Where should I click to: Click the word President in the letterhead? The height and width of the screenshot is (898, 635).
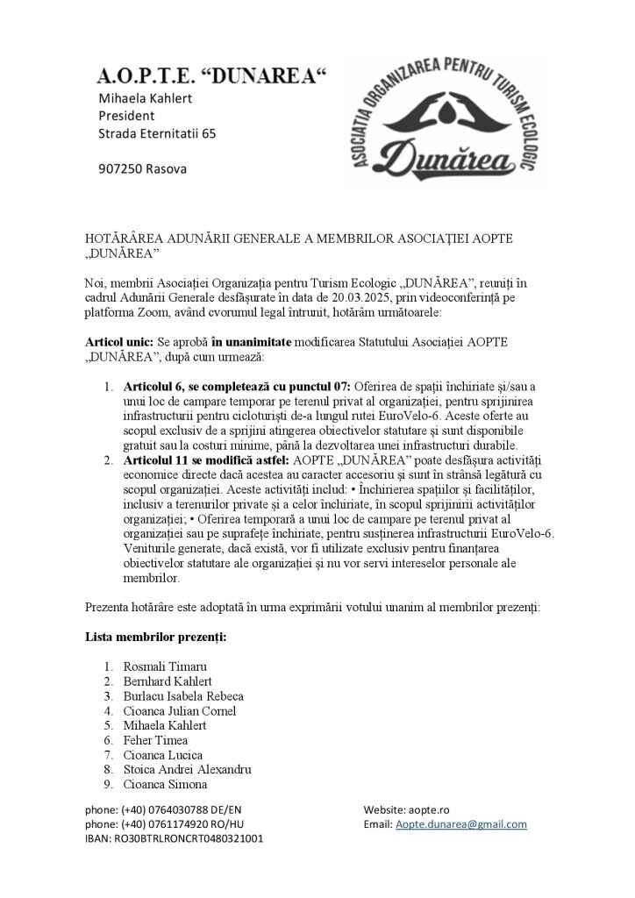point(126,115)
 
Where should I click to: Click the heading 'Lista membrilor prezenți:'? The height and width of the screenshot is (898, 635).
point(155,635)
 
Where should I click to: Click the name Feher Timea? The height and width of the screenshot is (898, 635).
point(155,740)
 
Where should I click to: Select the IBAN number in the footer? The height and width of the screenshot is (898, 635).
point(187,838)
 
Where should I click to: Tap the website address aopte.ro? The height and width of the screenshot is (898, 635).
point(429,809)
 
